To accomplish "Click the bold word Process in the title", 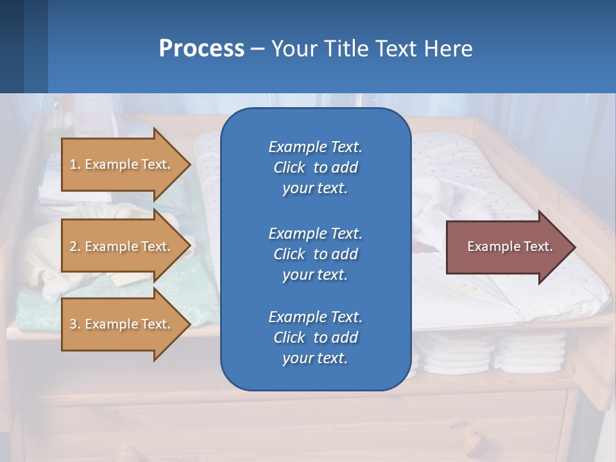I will (x=201, y=49).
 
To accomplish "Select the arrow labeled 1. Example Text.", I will (x=122, y=164).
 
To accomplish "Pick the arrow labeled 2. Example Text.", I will (x=122, y=246).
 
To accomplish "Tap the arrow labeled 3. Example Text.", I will (x=122, y=324).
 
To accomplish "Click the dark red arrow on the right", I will (x=507, y=246).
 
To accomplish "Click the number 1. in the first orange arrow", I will (x=75, y=164).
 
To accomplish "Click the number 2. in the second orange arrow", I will (x=75, y=246).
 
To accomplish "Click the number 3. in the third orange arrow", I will (x=75, y=324).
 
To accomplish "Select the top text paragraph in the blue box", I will (x=315, y=167).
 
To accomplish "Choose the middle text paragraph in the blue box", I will (x=315, y=254).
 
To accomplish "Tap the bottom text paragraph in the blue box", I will (x=315, y=338).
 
